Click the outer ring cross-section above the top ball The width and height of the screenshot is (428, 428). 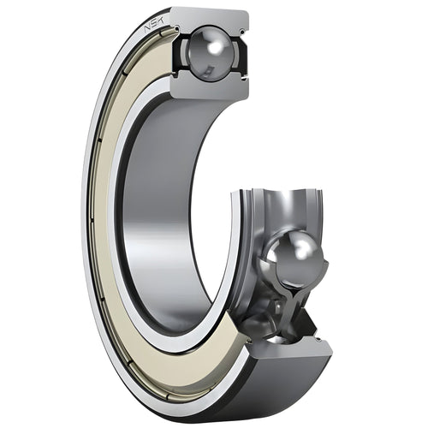(210, 17)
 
